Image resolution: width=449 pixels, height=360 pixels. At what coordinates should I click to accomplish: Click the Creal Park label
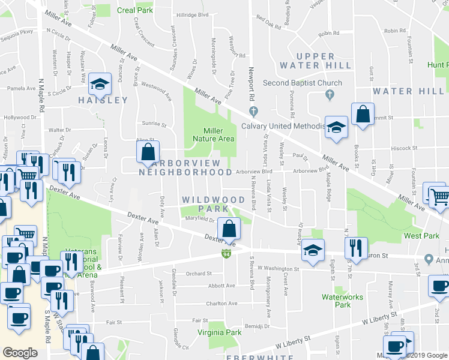tap(135, 10)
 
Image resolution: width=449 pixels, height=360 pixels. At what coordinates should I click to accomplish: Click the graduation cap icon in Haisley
tap(100, 83)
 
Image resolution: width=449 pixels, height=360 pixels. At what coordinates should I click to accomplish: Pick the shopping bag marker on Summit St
tap(363, 114)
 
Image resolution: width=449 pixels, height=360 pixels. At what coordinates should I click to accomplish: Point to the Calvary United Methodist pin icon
tap(254, 110)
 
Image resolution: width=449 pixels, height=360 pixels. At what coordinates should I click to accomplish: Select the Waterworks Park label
tap(336, 301)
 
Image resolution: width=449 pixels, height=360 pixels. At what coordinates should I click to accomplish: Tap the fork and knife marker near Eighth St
tap(356, 247)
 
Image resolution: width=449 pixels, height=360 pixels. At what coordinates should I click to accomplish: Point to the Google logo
tap(20, 352)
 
